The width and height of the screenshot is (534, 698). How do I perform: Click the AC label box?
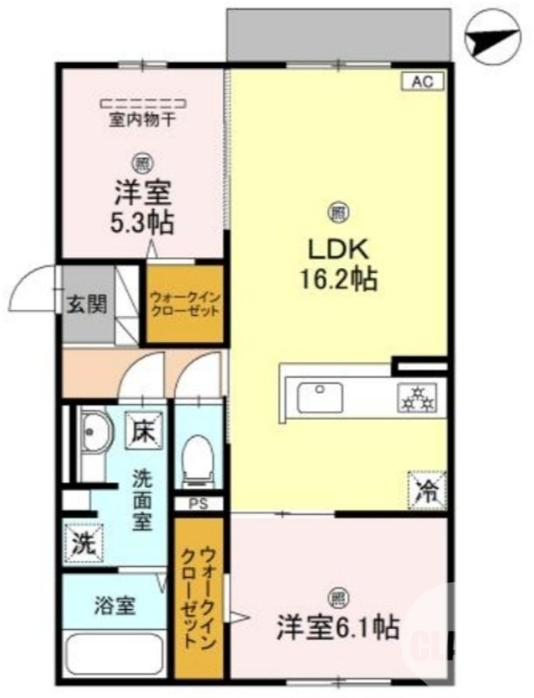coord(423,83)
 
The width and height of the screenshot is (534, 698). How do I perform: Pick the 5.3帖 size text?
coord(143,222)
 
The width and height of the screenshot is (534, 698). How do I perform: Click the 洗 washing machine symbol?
coord(82,544)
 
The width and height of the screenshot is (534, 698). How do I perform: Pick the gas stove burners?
coord(416,399)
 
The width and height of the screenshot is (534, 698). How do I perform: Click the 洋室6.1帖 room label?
coord(338,626)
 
